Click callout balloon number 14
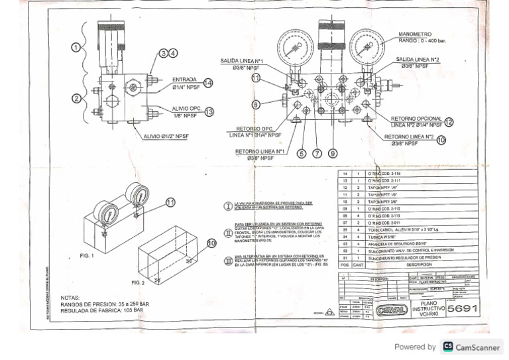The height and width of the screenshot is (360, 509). click(x=208, y=83)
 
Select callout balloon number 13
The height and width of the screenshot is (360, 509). click(x=209, y=112)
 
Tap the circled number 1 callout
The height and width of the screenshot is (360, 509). click(x=76, y=47)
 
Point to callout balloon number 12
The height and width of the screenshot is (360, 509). click(x=449, y=122)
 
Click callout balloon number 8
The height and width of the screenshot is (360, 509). click(x=256, y=104)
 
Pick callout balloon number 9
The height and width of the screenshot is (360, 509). click(x=332, y=154)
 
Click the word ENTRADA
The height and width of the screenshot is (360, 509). click(x=184, y=80)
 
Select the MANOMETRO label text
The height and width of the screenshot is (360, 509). click(x=415, y=34)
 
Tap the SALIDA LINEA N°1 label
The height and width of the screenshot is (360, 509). click(x=241, y=61)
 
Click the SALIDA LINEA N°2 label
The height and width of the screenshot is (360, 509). click(x=418, y=60)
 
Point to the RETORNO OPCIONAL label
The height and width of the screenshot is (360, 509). click(x=416, y=119)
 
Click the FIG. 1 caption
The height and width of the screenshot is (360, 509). click(x=87, y=255)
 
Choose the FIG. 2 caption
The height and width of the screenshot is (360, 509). click(x=137, y=283)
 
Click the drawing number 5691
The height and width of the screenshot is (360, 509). click(x=463, y=309)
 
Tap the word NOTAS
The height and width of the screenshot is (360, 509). click(x=70, y=298)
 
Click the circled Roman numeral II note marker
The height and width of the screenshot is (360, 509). click(x=229, y=233)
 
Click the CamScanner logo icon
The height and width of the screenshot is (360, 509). click(x=448, y=347)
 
